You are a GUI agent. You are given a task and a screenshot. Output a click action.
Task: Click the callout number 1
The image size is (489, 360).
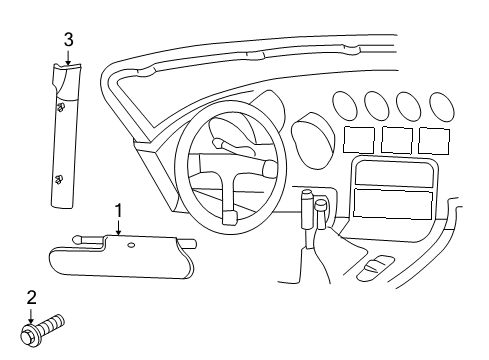pyautogui.click(x=118, y=210)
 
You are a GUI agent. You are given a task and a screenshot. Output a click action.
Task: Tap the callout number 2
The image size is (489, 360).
pyautogui.click(x=31, y=297)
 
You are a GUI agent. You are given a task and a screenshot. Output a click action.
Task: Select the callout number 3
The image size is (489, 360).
pyautogui.click(x=68, y=39)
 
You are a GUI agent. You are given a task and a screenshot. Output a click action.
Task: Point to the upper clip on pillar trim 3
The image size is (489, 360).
pyautogui.click(x=61, y=106)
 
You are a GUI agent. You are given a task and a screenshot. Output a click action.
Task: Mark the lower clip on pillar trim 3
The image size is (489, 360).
pyautogui.click(x=59, y=179)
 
